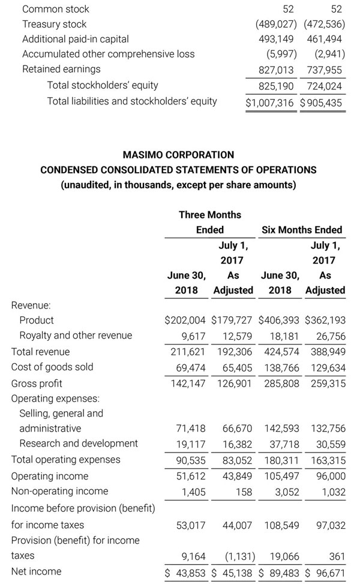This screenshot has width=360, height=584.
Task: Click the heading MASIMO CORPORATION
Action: (178, 155)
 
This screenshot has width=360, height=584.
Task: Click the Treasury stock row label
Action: (54, 24)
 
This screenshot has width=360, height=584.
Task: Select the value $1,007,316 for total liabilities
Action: (270, 103)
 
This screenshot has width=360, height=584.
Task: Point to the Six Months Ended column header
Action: (302, 230)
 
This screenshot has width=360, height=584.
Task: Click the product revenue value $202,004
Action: (185, 320)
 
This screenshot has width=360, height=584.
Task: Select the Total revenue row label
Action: (40, 352)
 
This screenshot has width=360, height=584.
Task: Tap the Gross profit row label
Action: (37, 383)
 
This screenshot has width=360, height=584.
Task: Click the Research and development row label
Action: (79, 444)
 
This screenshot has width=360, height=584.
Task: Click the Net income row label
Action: (35, 571)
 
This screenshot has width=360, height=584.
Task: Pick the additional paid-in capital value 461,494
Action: (324, 39)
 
